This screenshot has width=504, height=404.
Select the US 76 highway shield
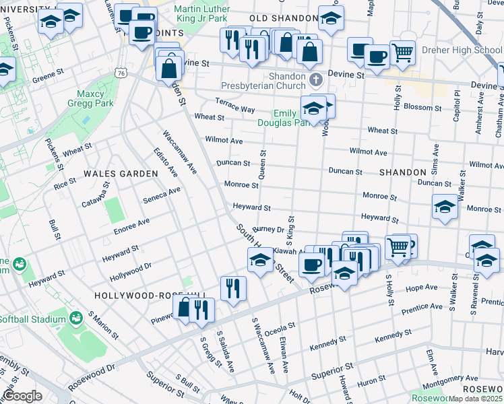coord(121,72)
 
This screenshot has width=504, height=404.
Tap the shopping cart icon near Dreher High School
coord(402,51)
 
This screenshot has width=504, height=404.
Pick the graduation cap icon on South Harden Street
coord(259,260)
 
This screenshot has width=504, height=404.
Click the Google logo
coord(22,395)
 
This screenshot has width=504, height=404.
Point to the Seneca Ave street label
coord(162,195)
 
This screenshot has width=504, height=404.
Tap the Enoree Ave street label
coord(131,222)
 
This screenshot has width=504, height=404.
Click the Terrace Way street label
coord(234,104)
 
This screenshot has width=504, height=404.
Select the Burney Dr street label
coord(269,230)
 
